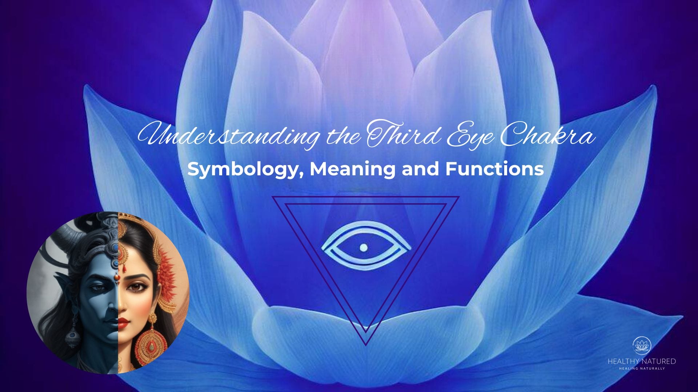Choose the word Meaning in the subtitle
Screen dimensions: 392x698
pyautogui.click(x=352, y=169)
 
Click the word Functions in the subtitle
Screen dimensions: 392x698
pyautogui.click(x=494, y=169)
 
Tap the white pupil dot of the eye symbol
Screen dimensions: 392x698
pyautogui.click(x=363, y=248)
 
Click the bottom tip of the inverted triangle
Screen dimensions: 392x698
pyautogui.click(x=366, y=343)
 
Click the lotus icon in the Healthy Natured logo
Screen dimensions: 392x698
pyautogui.click(x=642, y=346)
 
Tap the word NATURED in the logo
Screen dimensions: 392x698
pyautogui.click(x=658, y=362)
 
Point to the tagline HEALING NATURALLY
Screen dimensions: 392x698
pyautogui.click(x=642, y=368)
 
